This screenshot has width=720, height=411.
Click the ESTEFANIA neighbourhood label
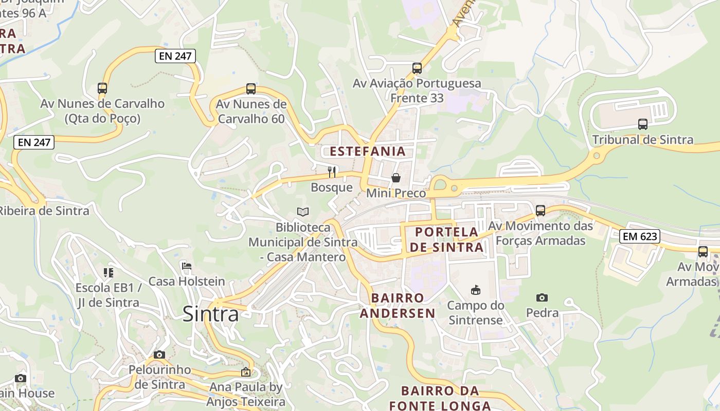pos(368,152)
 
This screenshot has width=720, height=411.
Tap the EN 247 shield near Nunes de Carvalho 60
pos(175,56)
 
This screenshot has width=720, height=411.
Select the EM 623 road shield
pos(639,236)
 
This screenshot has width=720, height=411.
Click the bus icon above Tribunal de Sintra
pos(643,124)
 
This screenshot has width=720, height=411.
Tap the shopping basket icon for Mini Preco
pos(396,178)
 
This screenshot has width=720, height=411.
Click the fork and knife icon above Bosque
pos(332,172)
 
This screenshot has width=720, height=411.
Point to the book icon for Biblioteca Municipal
pos(303,212)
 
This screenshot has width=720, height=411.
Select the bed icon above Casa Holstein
pos(187,266)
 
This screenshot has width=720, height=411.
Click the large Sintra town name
pos(211,314)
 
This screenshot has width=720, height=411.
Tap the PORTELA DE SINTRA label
pos(446,239)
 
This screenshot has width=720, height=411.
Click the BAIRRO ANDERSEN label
pos(398,305)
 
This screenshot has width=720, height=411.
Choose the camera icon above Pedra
pos(542,297)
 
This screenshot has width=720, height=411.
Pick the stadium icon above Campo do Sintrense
pos(476,290)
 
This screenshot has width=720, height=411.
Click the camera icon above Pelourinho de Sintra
pos(159,354)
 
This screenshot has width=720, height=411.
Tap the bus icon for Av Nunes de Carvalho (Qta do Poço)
pos(102,88)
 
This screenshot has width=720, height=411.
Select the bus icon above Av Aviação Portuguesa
pos(417,68)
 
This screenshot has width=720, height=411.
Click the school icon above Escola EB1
pos(108,272)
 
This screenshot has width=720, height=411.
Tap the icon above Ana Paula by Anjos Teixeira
pos(246,372)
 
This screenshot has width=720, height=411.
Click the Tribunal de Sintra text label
pos(642,140)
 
